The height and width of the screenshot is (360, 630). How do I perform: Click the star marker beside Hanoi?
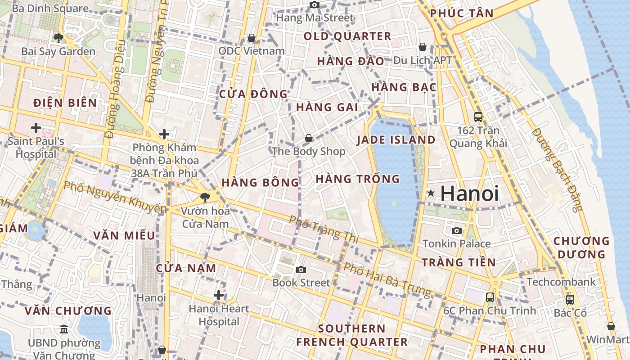coord(431,193)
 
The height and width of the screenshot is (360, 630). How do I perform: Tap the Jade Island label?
coord(396,140)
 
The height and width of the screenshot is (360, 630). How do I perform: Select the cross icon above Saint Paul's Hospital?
coord(36,128)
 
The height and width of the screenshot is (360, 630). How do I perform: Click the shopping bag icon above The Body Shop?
coord(309,138)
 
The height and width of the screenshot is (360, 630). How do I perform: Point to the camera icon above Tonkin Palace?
coord(457,230)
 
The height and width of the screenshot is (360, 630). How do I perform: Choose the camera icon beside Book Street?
coord(301,270)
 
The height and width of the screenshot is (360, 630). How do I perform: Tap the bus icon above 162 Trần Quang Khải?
coord(478,117)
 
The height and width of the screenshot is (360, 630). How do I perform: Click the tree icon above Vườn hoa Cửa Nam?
coord(205,197)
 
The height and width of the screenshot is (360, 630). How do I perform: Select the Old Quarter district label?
coord(347,36)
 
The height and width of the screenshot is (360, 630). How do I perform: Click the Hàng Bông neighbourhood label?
coord(260,183)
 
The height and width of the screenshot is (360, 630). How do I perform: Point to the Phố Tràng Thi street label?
coord(324,229)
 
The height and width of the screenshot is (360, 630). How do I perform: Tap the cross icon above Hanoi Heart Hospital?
coord(219,295)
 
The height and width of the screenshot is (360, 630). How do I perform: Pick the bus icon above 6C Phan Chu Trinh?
coord(490,297)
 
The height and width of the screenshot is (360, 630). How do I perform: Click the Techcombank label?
coord(561,282)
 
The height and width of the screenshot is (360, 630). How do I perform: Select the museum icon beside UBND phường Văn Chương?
coord(64,329)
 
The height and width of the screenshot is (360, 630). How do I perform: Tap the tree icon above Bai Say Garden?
coord(58,38)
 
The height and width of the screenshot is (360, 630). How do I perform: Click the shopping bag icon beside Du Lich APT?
coord(423,46)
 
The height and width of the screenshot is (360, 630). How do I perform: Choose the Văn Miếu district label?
coord(124,235)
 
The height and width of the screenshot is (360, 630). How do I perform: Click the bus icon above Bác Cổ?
coord(570,299)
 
